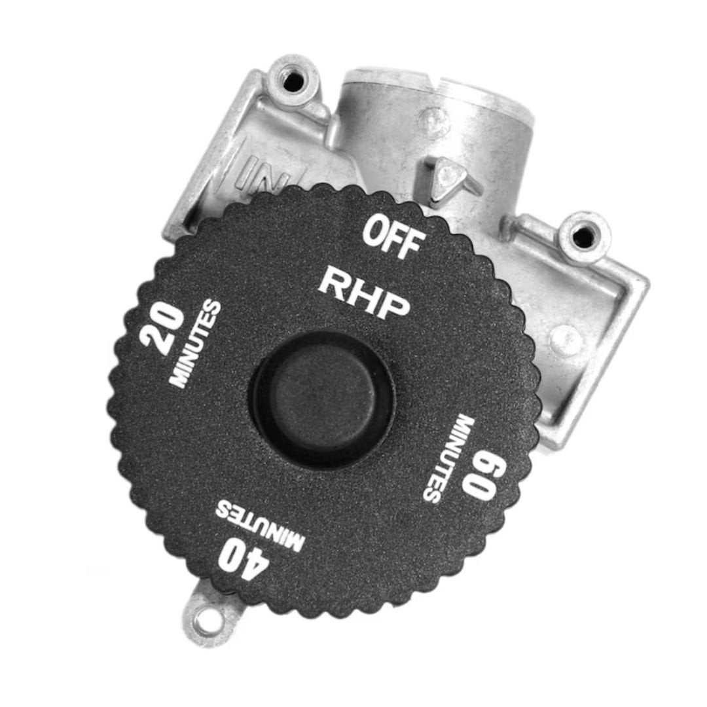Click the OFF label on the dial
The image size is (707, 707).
tap(393, 238)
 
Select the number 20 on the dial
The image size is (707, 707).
tap(160, 328)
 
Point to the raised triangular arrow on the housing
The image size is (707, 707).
tap(451, 176)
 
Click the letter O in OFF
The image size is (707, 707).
tap(375, 230)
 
